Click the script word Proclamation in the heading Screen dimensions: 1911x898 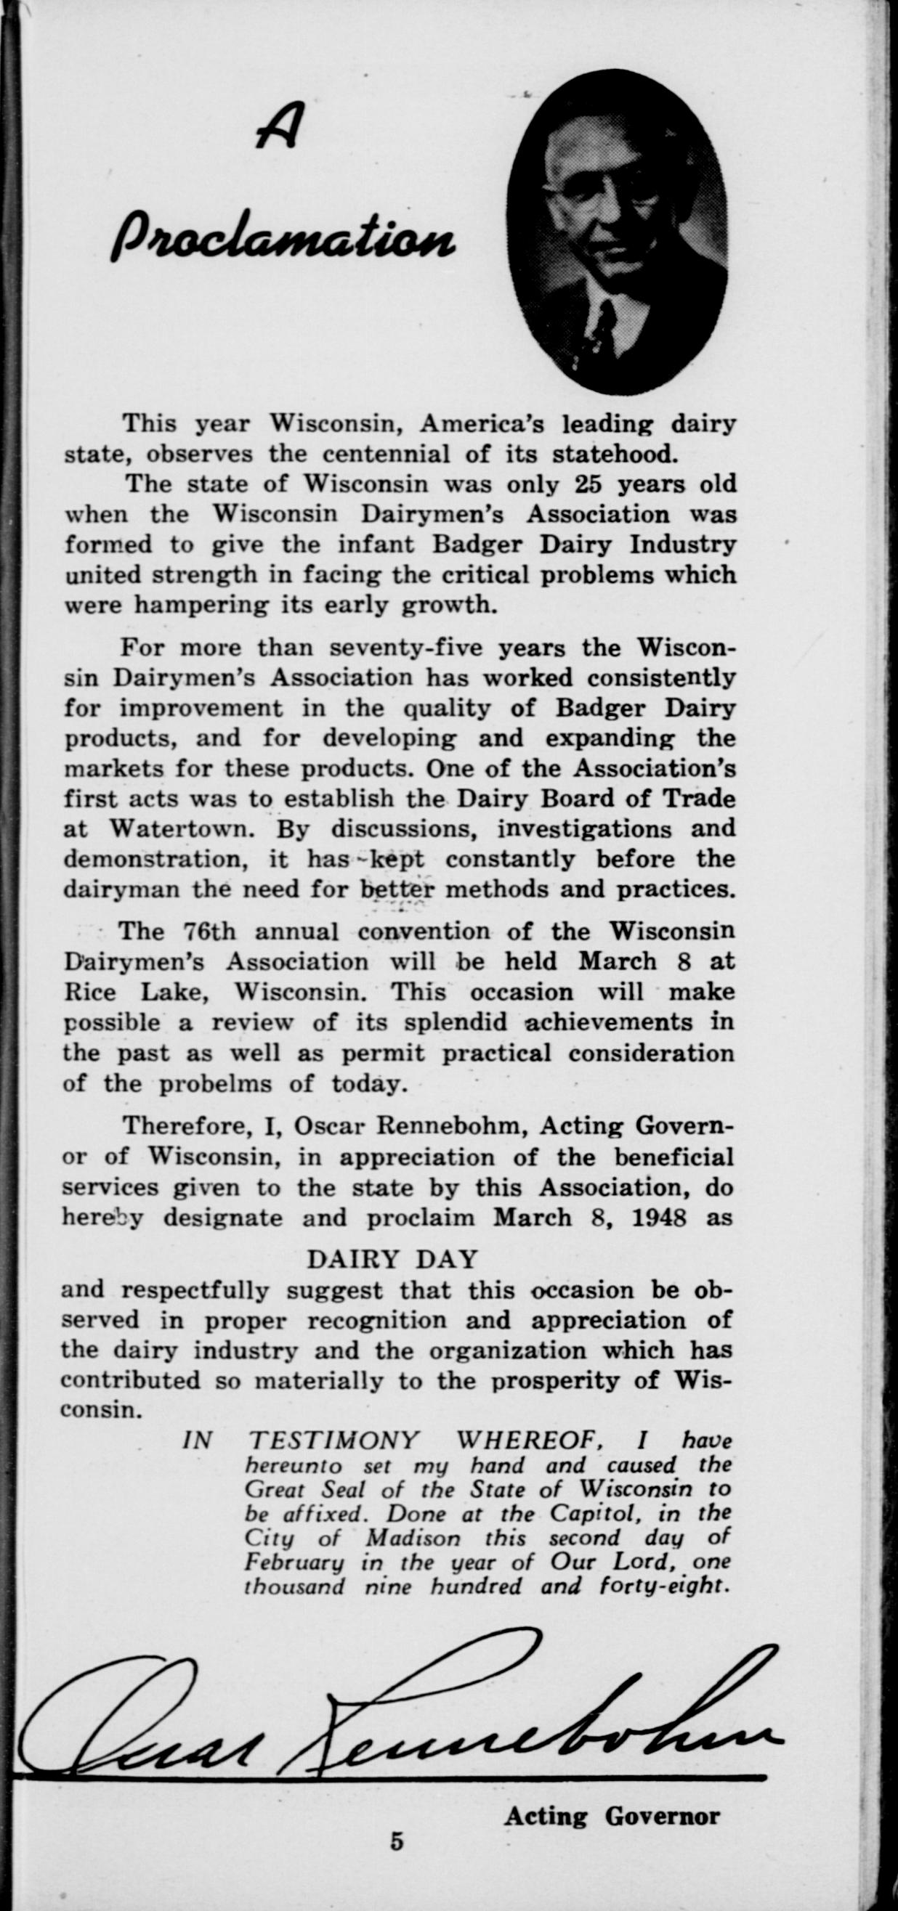click(282, 236)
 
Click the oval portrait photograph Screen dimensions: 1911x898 click(616, 230)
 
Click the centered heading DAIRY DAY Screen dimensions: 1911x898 click(392, 1259)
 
